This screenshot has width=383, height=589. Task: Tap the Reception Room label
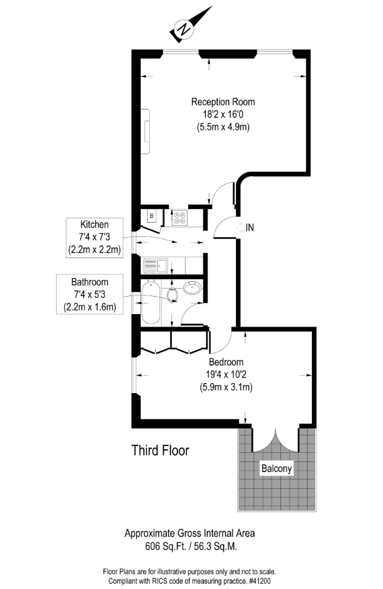[223, 102]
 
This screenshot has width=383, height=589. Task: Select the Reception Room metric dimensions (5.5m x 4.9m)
[223, 127]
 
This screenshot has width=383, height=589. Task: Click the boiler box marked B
[152, 216]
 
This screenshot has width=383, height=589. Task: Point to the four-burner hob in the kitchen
[179, 218]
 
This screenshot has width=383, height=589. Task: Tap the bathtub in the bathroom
[151, 303]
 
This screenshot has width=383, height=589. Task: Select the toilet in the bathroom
[173, 295]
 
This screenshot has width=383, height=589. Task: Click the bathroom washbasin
[192, 289]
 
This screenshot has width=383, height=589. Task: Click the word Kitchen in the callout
[95, 225]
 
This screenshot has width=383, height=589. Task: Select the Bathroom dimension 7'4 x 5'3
[90, 295]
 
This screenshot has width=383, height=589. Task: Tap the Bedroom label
[226, 362]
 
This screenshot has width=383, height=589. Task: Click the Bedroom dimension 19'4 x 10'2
[226, 374]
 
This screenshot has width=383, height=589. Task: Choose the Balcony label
[277, 468]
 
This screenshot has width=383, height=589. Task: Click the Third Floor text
[160, 450]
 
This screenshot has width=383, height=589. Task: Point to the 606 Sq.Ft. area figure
[166, 546]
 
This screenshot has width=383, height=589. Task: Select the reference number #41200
[259, 581]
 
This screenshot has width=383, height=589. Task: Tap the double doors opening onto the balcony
[276, 440]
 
